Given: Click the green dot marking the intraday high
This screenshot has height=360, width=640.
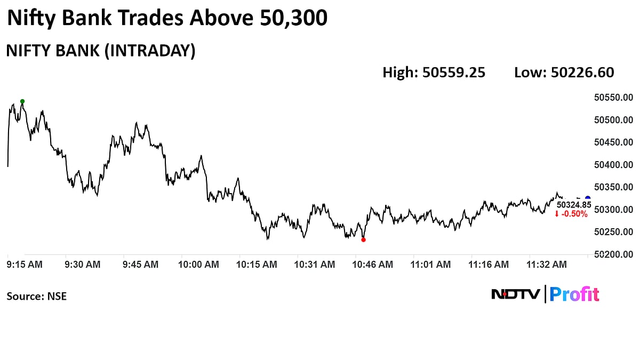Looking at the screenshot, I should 22,101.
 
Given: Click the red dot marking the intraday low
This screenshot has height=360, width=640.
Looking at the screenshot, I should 363,239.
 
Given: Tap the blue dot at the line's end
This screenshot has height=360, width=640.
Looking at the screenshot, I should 588,198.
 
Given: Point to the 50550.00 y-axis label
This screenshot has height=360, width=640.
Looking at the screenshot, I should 613,98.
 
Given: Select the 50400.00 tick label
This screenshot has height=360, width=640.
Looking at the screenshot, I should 613,165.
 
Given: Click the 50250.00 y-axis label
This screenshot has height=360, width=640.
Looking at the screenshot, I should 613,232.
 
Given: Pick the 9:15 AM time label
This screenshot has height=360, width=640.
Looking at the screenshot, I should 25,264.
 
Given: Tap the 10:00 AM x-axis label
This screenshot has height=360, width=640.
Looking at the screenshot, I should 198,264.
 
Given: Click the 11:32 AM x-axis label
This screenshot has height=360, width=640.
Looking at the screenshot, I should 547,264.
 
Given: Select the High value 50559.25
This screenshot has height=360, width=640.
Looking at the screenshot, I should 454,73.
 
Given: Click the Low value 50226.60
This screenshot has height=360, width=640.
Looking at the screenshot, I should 583,73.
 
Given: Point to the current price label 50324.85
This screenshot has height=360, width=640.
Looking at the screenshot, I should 574,204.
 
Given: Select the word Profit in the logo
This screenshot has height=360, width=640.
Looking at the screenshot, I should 574,294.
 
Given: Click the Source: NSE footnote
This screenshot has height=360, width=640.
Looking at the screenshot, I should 37,296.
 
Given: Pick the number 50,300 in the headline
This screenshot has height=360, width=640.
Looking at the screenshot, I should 293,19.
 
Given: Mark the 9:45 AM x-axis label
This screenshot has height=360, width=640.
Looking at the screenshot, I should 140,264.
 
